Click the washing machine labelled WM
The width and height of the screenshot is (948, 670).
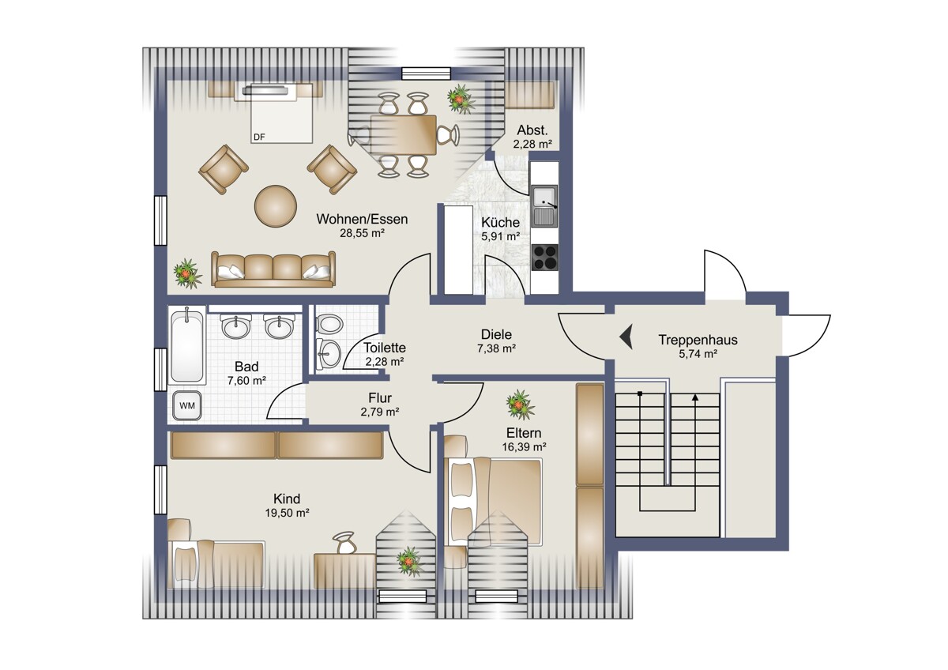tap(187, 405)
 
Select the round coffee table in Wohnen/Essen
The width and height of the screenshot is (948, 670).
tap(275, 206)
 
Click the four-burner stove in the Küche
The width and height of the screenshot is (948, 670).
tap(544, 258)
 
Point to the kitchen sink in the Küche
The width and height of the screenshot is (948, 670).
tap(544, 206)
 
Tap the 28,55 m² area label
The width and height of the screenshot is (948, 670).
tap(363, 233)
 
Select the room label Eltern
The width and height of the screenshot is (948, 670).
tap(524, 433)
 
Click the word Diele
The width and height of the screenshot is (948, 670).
tap(496, 334)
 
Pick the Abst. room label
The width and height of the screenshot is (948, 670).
tap(532, 130)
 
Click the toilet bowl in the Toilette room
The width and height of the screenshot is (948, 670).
tap(329, 325)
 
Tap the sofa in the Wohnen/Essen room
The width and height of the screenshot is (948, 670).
tap(273, 269)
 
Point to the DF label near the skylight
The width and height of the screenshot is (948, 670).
tap(259, 137)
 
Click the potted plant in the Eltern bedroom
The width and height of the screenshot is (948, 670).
tap(520, 405)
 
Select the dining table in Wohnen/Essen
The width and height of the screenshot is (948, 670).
tap(404, 135)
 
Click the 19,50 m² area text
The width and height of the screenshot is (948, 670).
tap(287, 513)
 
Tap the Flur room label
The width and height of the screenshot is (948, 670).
tap(380, 398)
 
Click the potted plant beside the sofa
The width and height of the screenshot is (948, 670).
tap(187, 274)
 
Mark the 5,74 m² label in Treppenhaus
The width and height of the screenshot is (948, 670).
tap(698, 354)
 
